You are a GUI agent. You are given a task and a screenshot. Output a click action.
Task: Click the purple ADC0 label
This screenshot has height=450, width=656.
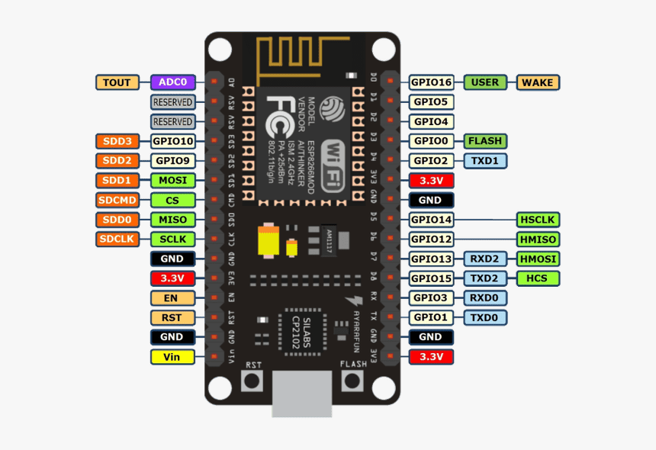tap(172, 82)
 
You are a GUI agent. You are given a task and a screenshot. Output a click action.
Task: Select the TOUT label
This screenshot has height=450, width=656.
tap(117, 82)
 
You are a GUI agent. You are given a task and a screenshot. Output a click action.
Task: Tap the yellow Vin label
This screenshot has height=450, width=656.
tap(172, 357)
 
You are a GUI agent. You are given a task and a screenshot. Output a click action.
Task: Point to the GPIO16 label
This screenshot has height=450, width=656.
tap(431, 82)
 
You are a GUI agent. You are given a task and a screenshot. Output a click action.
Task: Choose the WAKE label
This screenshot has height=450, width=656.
tap(539, 82)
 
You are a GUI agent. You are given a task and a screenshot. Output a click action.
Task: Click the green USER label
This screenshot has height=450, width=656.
tap(484, 82)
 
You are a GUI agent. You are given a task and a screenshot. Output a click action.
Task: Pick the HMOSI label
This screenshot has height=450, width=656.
tap(539, 259)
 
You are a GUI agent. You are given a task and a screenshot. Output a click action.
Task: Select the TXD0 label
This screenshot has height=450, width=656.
tap(484, 317)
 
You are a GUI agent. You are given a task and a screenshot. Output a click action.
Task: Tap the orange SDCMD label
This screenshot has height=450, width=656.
tap(117, 200)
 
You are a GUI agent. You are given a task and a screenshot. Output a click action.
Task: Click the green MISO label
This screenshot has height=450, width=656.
tap(172, 220)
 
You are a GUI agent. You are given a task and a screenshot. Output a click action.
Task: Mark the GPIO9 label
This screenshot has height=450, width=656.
tap(172, 161)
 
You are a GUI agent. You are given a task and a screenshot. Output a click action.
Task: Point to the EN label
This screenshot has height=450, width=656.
tap(172, 298)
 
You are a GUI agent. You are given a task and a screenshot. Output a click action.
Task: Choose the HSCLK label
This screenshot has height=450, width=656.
tap(539, 220)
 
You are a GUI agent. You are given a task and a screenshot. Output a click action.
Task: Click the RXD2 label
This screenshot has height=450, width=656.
tap(484, 259)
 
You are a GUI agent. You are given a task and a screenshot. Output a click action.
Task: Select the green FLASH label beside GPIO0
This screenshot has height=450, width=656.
tap(484, 141)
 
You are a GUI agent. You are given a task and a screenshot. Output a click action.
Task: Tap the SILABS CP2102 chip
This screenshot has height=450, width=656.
tap(302, 333)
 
